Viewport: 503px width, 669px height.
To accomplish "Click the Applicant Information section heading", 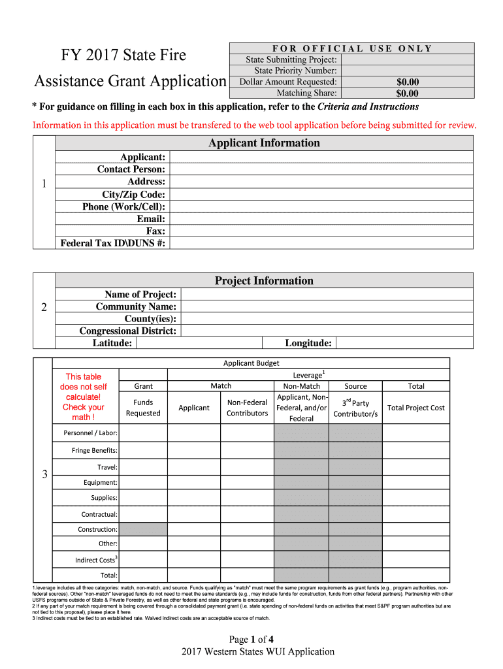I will (x=264, y=143).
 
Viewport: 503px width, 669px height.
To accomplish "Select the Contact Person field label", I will (x=131, y=169).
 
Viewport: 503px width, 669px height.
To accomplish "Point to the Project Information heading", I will (x=264, y=281).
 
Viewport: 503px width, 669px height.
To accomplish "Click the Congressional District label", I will (x=128, y=331).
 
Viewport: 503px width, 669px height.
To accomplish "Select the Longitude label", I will (x=308, y=344).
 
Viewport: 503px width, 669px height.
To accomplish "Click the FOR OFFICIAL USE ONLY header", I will (x=352, y=48).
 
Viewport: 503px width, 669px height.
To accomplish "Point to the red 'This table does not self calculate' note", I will (x=84, y=397).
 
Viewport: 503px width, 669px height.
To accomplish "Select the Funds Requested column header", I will (x=143, y=408).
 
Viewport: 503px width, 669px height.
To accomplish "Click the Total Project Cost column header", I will (x=415, y=408).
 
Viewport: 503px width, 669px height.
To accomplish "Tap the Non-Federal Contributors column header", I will (x=247, y=408).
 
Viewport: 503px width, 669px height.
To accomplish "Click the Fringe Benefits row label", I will (x=94, y=451).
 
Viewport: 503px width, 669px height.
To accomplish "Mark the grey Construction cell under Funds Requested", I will (x=143, y=529).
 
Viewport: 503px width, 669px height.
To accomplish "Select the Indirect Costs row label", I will (x=95, y=560).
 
